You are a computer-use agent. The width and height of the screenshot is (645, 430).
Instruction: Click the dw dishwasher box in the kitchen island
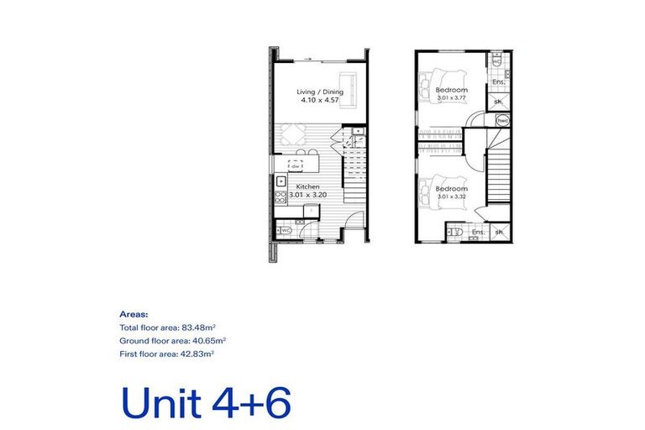click(296, 166)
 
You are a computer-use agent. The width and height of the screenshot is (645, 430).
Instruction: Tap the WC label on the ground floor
click(286, 230)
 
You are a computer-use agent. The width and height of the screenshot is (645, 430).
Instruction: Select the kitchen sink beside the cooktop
click(280, 181)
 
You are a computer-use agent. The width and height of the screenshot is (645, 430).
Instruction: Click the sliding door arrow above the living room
click(308, 59)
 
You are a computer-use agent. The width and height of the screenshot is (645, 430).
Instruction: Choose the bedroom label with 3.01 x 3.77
click(452, 90)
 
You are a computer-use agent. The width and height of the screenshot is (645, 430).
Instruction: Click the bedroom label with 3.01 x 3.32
click(452, 189)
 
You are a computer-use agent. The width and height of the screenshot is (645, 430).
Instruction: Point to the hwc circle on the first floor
click(502, 121)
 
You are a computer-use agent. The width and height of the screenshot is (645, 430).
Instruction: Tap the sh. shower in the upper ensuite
click(497, 102)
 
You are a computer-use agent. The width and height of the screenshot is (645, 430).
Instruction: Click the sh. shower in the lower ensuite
click(499, 232)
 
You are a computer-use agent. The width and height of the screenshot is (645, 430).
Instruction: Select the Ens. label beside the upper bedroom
click(497, 81)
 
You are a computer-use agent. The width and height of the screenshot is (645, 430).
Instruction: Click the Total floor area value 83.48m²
click(201, 327)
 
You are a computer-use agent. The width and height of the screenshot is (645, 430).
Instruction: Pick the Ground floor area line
click(173, 341)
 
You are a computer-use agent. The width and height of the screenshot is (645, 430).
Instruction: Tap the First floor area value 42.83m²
click(197, 355)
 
